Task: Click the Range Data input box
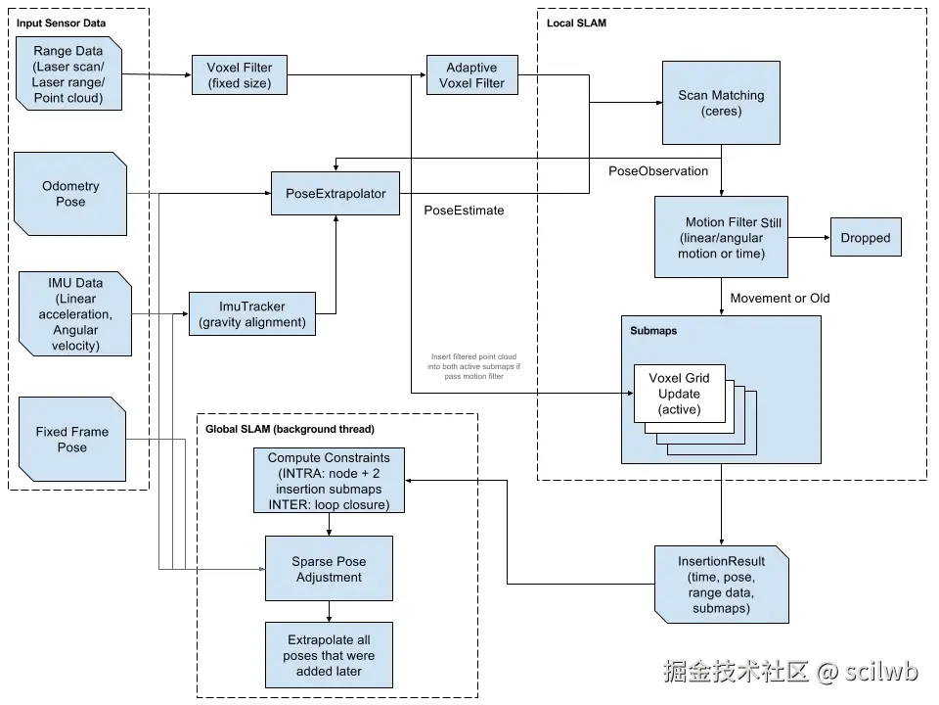68,74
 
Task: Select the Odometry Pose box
71,194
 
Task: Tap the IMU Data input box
74,314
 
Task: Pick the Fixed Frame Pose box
72,440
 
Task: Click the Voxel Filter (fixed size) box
239,75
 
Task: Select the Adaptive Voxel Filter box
471,75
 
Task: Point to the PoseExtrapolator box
335,194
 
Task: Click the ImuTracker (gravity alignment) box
252,314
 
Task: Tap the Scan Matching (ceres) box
721,103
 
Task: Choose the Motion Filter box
721,237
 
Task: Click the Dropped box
865,238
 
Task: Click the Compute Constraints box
328,481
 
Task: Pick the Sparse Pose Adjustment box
329,569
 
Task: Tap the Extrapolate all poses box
329,655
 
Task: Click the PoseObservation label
658,171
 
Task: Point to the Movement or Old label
780,298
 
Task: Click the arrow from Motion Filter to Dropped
808,238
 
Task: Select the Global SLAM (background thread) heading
290,430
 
